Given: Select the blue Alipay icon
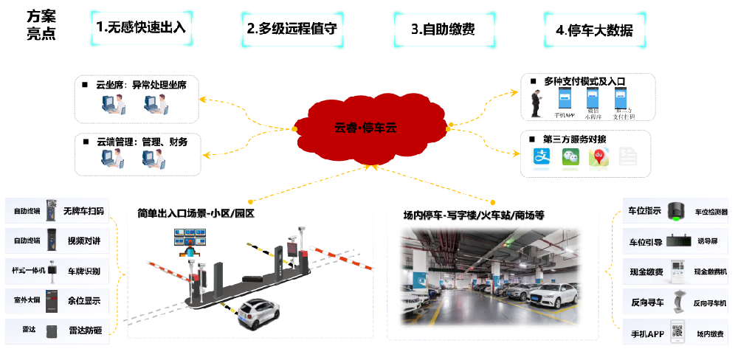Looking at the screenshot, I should [x=542, y=156].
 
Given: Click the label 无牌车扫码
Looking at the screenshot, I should [x=83, y=211].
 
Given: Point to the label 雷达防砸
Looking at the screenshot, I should [x=83, y=330].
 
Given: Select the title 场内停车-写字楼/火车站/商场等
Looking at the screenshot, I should [x=473, y=215].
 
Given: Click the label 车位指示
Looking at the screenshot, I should [x=644, y=211].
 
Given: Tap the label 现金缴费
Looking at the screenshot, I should [x=646, y=272].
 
